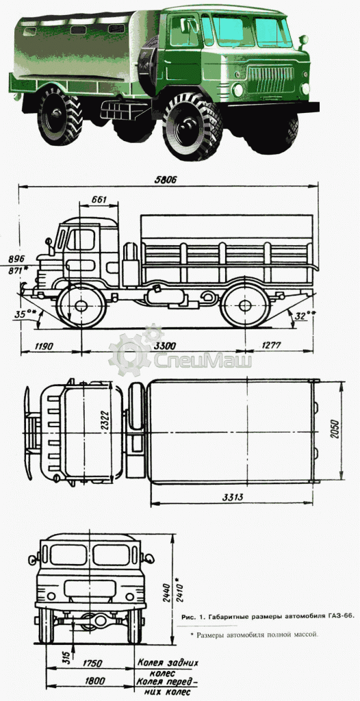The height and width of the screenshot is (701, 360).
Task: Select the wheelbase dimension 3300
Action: (164, 345)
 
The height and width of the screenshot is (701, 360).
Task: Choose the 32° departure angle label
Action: (303, 315)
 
